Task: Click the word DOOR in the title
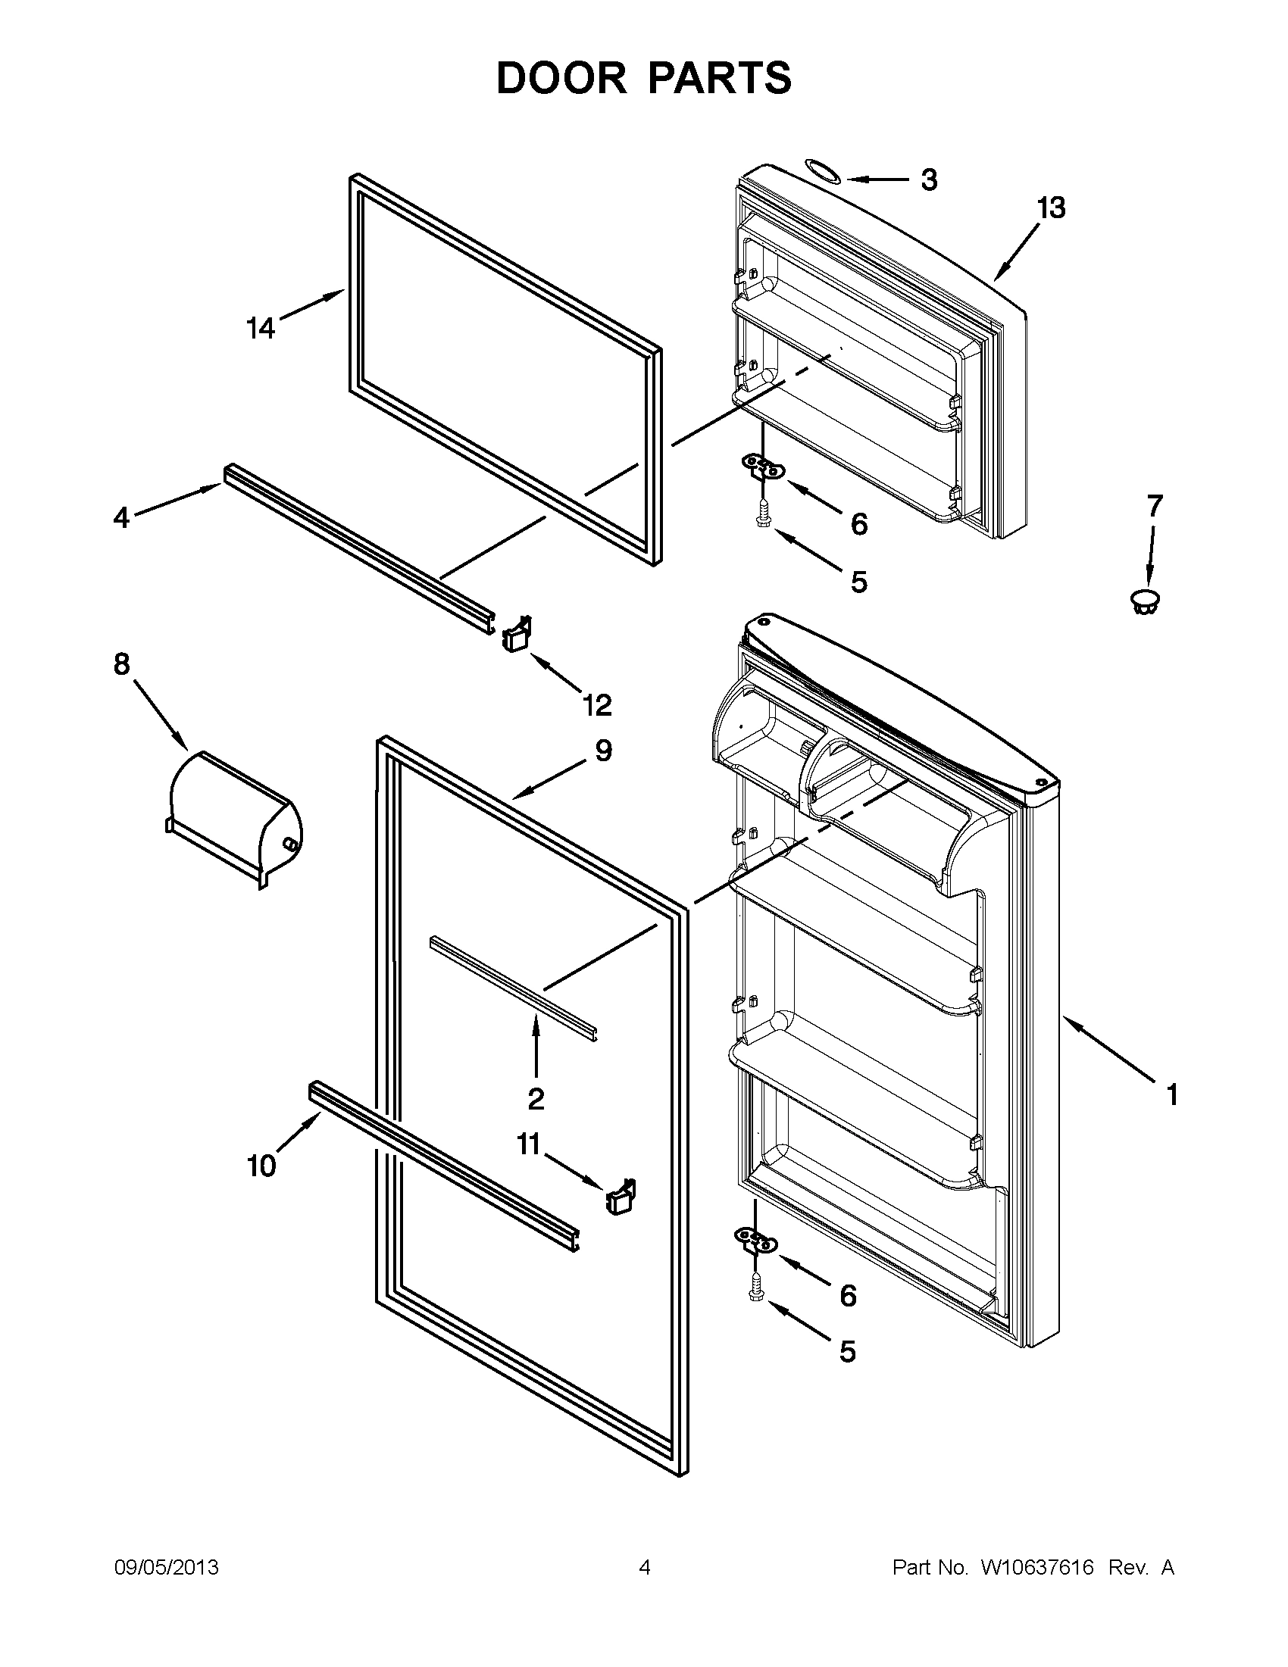pos(562,78)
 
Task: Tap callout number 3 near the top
pos(928,180)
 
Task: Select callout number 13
pos(1052,208)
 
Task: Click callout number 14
pos(261,328)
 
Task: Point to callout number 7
pos(1155,505)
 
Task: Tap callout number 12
pos(598,705)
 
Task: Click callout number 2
pos(536,1099)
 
